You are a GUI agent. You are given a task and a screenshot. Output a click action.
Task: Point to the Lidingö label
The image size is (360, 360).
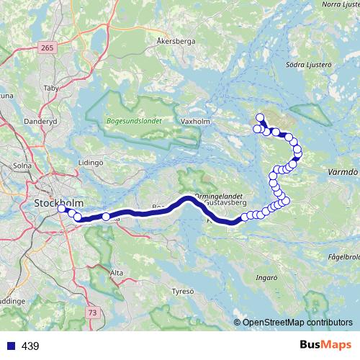[91, 163]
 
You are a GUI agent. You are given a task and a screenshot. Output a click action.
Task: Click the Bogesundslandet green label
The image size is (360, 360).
[133, 121]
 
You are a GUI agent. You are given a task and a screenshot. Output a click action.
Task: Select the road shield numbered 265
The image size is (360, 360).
[48, 48]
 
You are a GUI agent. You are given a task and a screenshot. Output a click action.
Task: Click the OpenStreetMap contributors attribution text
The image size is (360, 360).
[297, 323]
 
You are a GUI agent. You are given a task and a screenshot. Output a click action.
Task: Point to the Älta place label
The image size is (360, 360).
[117, 274]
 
